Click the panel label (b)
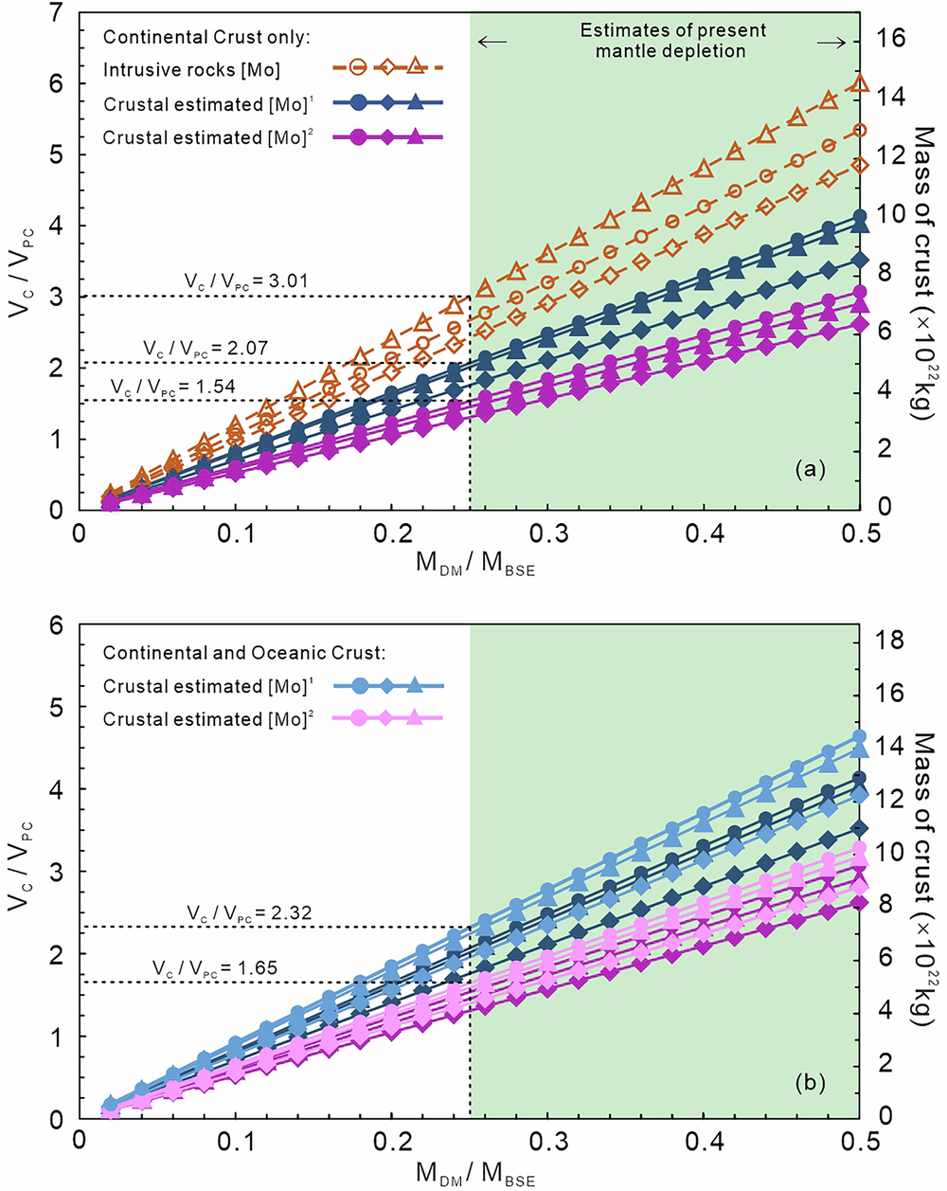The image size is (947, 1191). pyautogui.click(x=812, y=1081)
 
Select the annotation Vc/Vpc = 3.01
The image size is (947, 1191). pyautogui.click(x=246, y=281)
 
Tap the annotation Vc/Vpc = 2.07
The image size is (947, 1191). pyautogui.click(x=205, y=349)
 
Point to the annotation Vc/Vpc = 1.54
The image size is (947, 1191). pyautogui.click(x=172, y=387)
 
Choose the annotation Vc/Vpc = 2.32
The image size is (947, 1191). pyautogui.click(x=249, y=913)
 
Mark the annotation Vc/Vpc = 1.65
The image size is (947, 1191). pyautogui.click(x=215, y=968)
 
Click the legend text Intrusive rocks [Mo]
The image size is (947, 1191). pyautogui.click(x=191, y=70)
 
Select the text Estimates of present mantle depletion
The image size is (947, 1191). pyautogui.click(x=673, y=41)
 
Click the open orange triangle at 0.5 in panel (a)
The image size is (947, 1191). pyautogui.click(x=860, y=83)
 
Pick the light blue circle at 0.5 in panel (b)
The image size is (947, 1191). pyautogui.click(x=860, y=736)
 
